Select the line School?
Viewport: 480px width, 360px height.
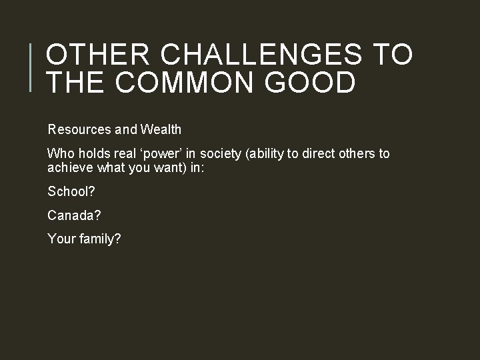71,192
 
